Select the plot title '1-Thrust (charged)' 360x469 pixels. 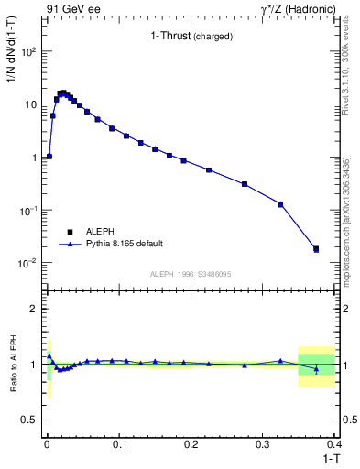tap(191, 37)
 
